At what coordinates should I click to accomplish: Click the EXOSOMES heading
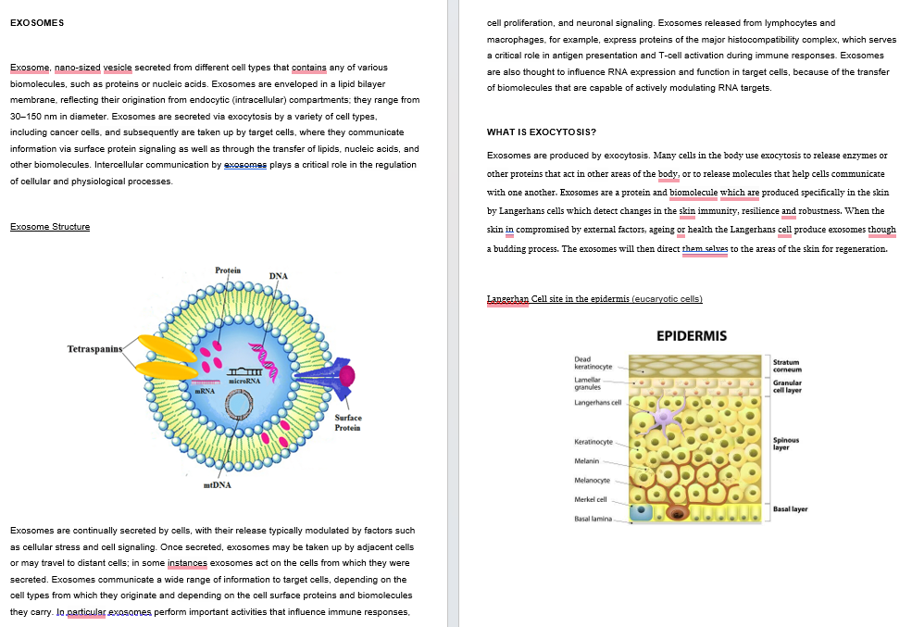37,22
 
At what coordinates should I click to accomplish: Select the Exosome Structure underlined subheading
50,227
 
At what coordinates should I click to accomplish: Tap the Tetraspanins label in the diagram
95,349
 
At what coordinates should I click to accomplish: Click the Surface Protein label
347,422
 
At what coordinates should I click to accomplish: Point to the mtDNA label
218,484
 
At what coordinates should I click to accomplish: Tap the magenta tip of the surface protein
347,375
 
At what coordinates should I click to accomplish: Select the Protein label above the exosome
228,270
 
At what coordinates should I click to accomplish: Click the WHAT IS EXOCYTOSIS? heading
541,132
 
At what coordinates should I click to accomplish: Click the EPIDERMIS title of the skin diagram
692,336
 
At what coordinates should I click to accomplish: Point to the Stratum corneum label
787,366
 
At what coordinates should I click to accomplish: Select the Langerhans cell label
598,403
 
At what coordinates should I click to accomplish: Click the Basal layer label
790,509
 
